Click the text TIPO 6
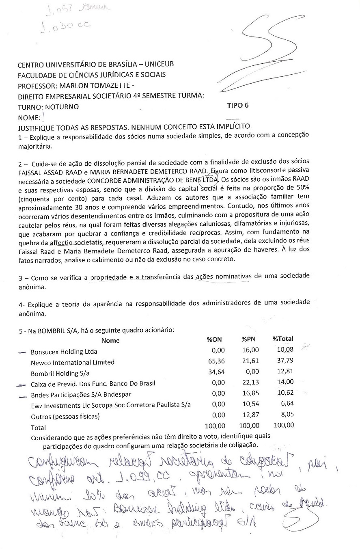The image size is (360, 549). coord(239,106)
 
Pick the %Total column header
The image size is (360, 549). coord(283,339)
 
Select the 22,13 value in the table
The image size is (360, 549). coord(251,383)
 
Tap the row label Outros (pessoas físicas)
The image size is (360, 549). coord(65,416)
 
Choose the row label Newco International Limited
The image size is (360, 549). coord(73,362)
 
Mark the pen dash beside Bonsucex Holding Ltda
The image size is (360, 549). coord(22,352)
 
